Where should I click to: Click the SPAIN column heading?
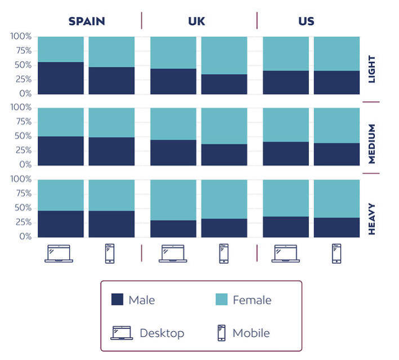coord(87,21)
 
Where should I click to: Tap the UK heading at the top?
coord(196,21)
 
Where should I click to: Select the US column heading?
coord(306,21)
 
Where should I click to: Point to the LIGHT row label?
coord(372,69)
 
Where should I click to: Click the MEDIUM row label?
coord(372,144)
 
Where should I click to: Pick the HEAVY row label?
coord(372,219)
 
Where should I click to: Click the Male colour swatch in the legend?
coord(117,299)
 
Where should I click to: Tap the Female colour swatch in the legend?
coord(221,299)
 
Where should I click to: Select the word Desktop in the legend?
coord(162,333)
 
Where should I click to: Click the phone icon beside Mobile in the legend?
coord(222,333)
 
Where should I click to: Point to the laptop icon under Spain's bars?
coord(59,254)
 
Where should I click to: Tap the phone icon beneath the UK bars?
coord(224,254)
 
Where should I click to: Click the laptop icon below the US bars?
coord(286,254)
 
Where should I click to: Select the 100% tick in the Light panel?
coord(21,36)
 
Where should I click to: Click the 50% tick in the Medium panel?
coord(23,136)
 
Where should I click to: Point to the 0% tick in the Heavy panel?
coord(25,237)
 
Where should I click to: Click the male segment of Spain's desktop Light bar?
coord(61,78)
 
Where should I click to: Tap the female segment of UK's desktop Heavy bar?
coord(173,200)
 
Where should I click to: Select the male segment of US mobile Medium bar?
coord(337,154)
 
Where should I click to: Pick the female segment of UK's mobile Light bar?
coord(224,56)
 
